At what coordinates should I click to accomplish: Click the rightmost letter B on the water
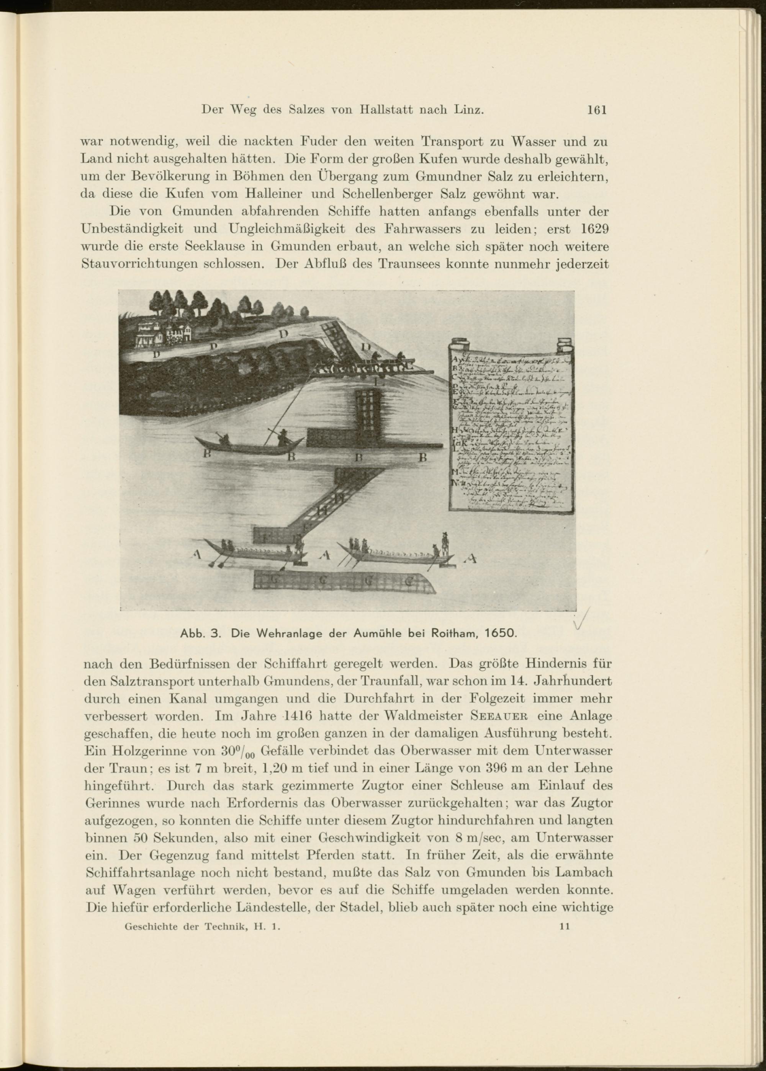[422, 457]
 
